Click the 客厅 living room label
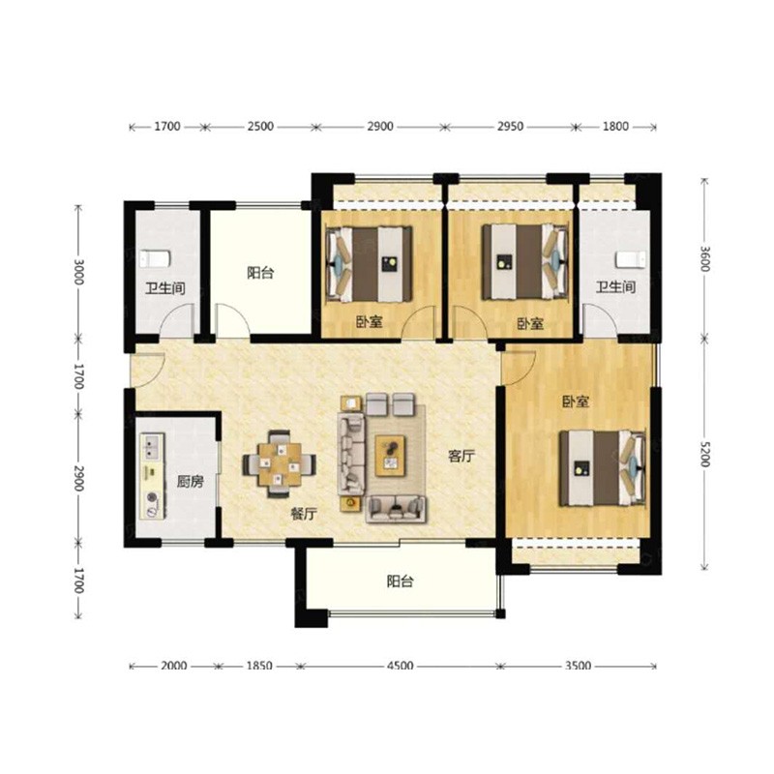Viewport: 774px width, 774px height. [x=461, y=456]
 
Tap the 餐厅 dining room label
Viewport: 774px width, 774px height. [x=304, y=514]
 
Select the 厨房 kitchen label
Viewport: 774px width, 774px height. [x=190, y=481]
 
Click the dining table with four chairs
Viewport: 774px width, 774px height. [x=280, y=464]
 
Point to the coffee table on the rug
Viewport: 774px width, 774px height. [x=391, y=456]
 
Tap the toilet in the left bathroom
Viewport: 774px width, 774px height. [x=155, y=258]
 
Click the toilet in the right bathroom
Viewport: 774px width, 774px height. [x=631, y=259]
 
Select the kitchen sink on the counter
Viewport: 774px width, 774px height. [x=152, y=446]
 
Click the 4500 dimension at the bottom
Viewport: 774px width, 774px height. [x=400, y=666]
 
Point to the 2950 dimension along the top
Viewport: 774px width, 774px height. [x=510, y=127]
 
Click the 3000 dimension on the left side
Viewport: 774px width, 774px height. [x=78, y=272]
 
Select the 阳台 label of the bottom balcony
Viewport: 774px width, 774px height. [x=400, y=581]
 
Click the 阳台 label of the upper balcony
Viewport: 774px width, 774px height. [x=260, y=273]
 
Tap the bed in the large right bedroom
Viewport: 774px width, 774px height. [x=602, y=467]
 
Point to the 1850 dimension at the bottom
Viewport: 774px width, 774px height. [x=259, y=666]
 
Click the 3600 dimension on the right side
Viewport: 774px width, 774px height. [x=704, y=258]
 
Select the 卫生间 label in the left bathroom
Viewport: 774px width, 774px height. [x=165, y=287]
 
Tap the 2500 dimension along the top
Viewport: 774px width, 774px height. [x=260, y=127]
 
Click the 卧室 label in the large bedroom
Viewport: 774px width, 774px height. [x=576, y=402]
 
